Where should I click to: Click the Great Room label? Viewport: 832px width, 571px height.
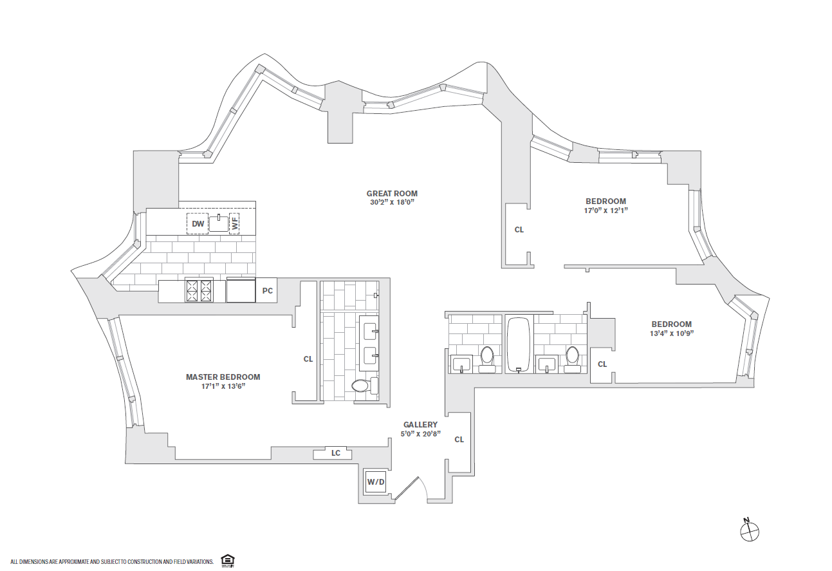click(x=392, y=193)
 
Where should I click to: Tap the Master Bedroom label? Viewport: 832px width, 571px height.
click(x=223, y=377)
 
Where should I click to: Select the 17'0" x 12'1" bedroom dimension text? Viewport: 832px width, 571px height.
click(x=606, y=211)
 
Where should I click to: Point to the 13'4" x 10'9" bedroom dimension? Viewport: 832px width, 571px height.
click(x=671, y=333)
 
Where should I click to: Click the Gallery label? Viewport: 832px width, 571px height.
click(x=420, y=425)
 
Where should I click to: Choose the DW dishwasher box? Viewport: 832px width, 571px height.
click(x=198, y=224)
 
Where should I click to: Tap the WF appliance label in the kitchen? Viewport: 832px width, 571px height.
click(x=234, y=224)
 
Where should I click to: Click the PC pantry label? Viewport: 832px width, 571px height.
click(x=268, y=291)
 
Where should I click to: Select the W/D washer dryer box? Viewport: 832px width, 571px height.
click(x=375, y=482)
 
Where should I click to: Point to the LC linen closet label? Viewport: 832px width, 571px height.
click(x=335, y=453)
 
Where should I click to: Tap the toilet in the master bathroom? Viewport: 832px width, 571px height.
click(x=360, y=386)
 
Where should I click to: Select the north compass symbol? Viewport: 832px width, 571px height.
click(x=750, y=531)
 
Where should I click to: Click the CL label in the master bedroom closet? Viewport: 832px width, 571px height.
click(x=308, y=359)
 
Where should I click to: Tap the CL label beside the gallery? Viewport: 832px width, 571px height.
click(x=459, y=440)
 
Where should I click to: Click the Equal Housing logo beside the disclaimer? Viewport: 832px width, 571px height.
click(x=226, y=561)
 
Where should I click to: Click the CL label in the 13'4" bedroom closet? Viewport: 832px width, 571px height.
click(x=602, y=364)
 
